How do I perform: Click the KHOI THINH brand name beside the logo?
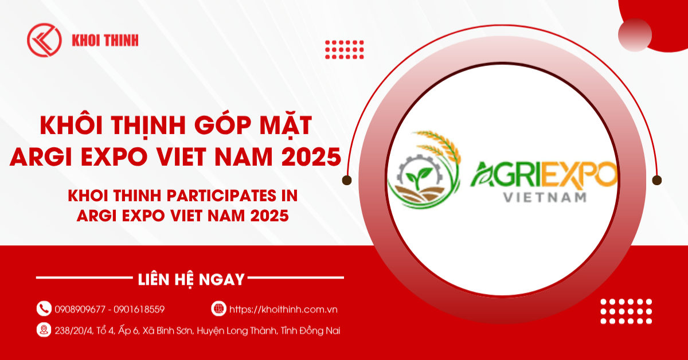[x=105, y=41]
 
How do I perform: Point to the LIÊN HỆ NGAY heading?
[x=191, y=280]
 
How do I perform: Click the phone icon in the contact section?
[x=44, y=309]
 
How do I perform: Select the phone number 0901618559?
[x=139, y=310]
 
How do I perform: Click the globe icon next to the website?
[x=218, y=309]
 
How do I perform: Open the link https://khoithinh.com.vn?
[x=283, y=310]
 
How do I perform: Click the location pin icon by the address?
[x=44, y=330]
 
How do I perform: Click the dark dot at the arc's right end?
[x=657, y=180]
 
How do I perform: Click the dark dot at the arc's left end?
[x=347, y=180]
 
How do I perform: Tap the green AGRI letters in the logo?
[x=505, y=175]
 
